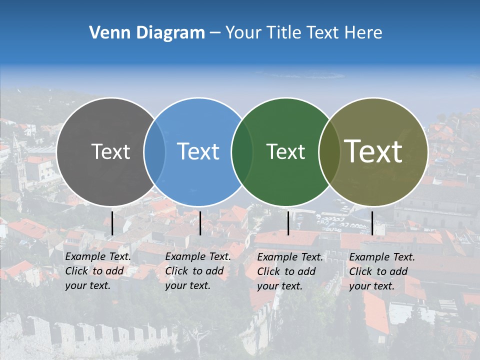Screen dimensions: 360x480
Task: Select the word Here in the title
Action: point(364,33)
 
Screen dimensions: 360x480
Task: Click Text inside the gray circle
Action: point(110,151)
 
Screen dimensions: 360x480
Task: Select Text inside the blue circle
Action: point(198,151)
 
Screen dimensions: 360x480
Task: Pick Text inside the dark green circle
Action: point(285,151)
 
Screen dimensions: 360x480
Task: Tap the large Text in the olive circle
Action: point(373,151)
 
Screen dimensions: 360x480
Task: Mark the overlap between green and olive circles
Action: point(328,152)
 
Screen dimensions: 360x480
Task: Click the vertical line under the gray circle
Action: point(112,223)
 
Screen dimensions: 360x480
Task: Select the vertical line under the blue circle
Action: point(200,223)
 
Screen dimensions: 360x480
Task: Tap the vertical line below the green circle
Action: point(288,223)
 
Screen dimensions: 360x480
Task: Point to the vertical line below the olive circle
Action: point(372,223)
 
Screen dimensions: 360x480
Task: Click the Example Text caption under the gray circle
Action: point(98,271)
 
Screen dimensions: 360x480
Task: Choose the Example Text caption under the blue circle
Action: point(198,271)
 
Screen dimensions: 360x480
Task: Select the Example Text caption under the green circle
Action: point(290,271)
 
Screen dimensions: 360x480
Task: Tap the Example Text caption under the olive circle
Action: point(382,271)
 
